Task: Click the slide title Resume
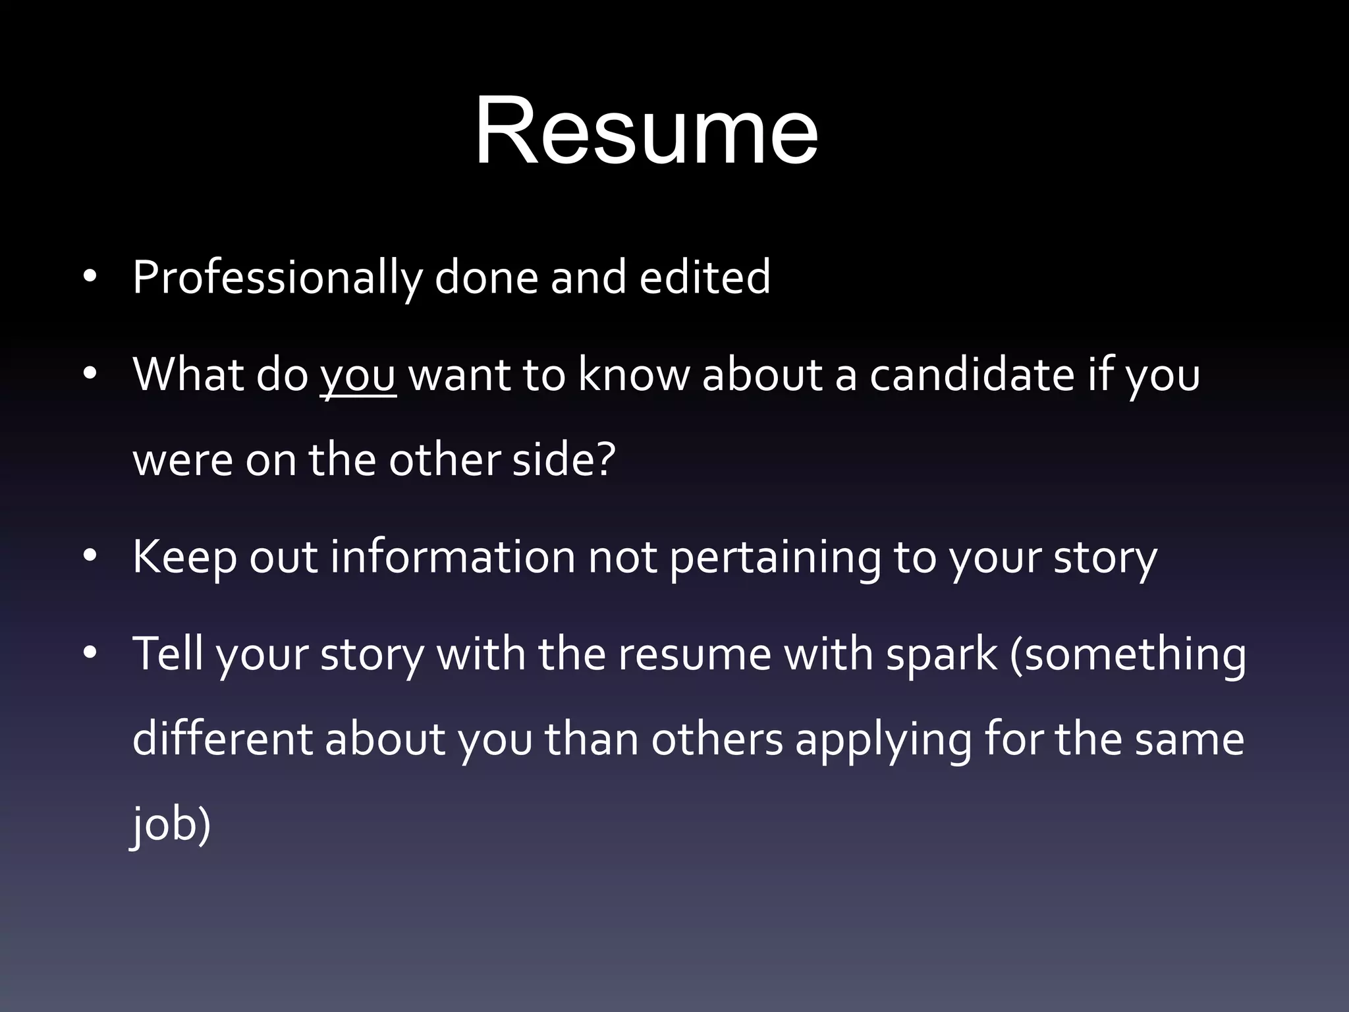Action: click(x=646, y=130)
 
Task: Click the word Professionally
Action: click(x=277, y=278)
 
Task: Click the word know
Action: click(x=633, y=374)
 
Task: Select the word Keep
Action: click(x=184, y=557)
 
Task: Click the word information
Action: click(x=453, y=556)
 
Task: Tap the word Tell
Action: click(x=168, y=654)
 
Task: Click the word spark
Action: click(x=941, y=655)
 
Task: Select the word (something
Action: click(x=1128, y=655)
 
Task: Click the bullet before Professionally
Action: click(x=90, y=277)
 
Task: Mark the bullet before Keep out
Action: click(x=90, y=557)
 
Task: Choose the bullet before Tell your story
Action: click(x=90, y=654)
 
